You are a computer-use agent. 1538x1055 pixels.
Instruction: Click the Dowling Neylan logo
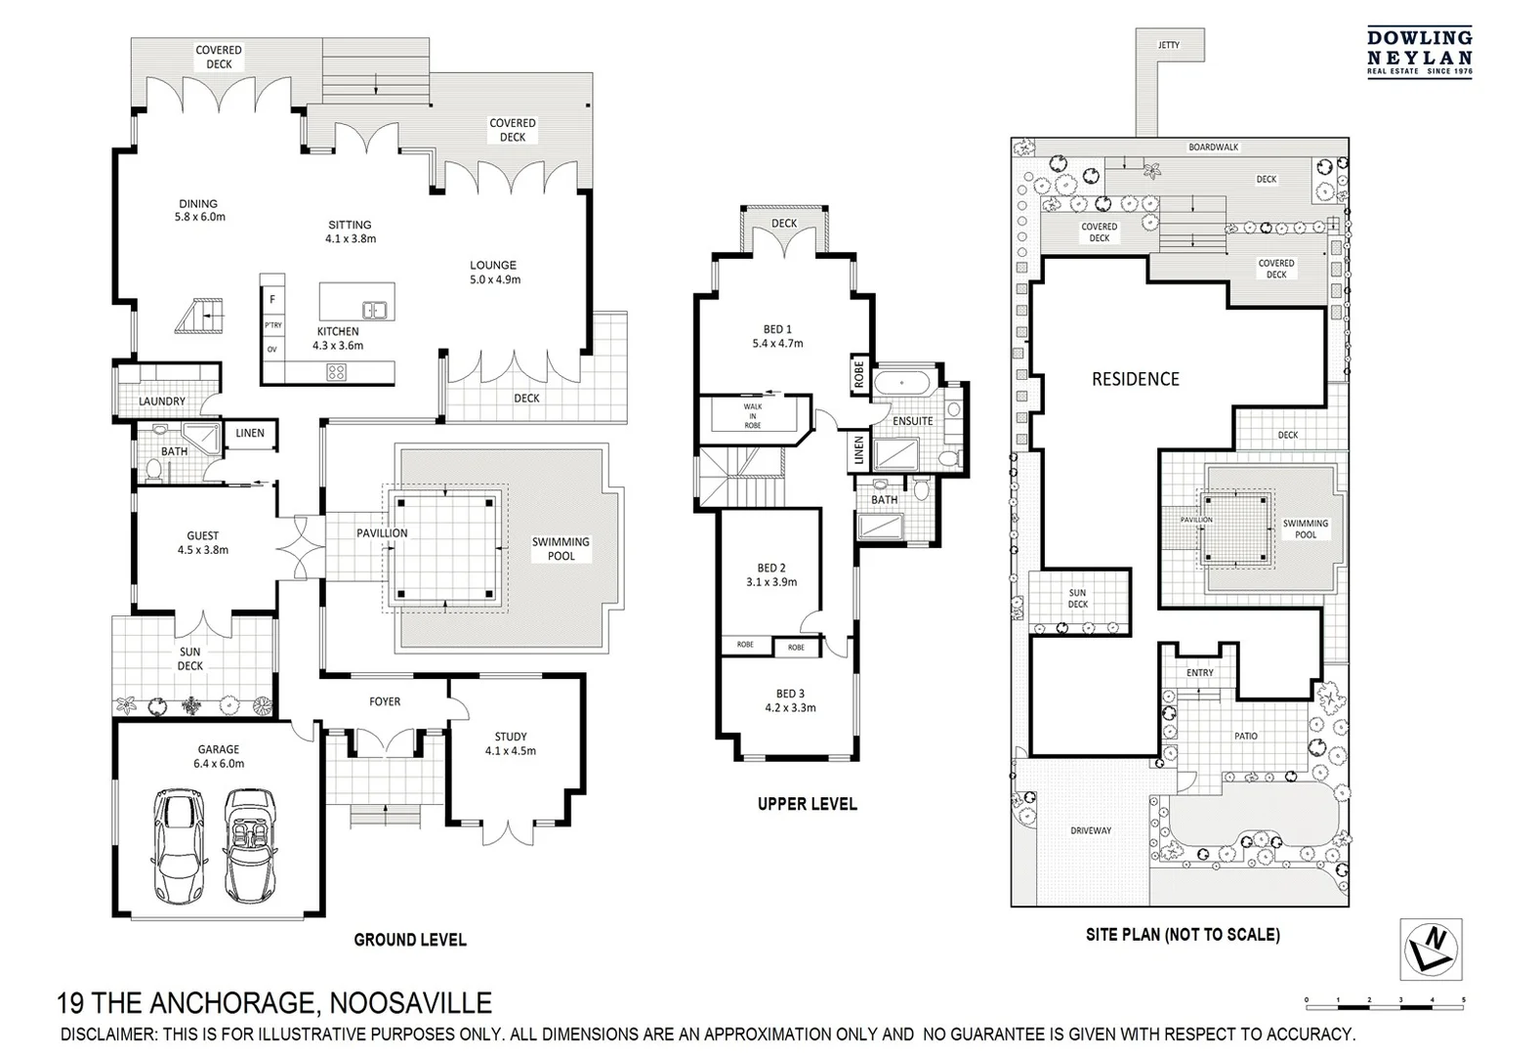tap(1419, 52)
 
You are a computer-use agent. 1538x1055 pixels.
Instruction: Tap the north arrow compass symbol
tap(1432, 949)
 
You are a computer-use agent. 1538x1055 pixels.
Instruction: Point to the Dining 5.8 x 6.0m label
tap(198, 211)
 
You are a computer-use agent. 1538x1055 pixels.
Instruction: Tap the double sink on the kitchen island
tap(375, 311)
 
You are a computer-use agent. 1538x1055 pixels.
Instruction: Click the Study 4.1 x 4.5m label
tap(511, 743)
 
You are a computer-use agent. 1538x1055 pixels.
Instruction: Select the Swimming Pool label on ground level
tap(561, 548)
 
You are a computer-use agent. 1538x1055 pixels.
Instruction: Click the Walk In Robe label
tap(753, 416)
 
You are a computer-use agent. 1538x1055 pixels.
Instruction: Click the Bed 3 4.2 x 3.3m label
tap(790, 700)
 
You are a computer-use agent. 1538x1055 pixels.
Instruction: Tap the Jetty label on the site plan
tap(1168, 45)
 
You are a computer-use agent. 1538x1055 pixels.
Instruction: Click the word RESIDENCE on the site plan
tap(1135, 379)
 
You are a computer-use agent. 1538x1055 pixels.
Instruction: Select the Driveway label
tap(1091, 830)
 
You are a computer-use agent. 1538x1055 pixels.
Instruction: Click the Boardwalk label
tap(1213, 148)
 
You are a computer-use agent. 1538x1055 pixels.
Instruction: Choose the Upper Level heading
tap(807, 804)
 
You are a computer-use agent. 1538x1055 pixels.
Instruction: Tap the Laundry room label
tap(162, 401)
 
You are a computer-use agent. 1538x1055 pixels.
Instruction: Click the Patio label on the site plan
tap(1245, 736)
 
